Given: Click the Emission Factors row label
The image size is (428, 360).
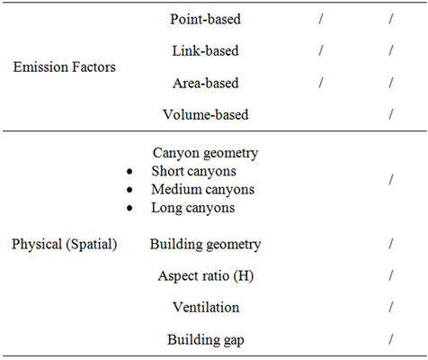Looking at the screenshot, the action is click(64, 67).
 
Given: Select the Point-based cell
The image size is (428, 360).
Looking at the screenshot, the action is click(205, 19).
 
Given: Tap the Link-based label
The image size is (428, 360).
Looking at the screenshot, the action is click(205, 50).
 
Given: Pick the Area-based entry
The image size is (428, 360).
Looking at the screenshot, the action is click(205, 83).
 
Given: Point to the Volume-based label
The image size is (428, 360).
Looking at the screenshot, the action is click(206, 114).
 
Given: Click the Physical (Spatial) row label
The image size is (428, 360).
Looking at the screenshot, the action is click(64, 244).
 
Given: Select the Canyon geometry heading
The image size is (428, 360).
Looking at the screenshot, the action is click(205, 153).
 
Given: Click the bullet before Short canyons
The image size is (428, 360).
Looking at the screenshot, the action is click(129, 172).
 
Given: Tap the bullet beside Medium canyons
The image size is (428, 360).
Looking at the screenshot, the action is click(129, 190).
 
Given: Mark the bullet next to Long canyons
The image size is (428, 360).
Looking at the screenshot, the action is click(129, 208).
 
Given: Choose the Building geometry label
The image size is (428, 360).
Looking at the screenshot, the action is click(205, 244).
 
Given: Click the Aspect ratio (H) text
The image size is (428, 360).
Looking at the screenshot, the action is click(206, 276).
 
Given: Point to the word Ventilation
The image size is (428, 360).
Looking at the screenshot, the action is click(206, 308).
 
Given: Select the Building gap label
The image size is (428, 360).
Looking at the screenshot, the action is click(206, 340).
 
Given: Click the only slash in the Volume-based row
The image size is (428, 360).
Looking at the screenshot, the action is click(391, 114).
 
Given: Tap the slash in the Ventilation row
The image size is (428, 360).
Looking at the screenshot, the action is click(391, 308).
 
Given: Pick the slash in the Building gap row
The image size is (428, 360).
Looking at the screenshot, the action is click(391, 339).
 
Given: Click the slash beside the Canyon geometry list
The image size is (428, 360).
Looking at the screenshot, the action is click(391, 180).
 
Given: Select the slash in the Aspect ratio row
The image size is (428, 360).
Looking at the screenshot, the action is click(391, 275).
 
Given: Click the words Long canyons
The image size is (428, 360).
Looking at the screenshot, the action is click(193, 208).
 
